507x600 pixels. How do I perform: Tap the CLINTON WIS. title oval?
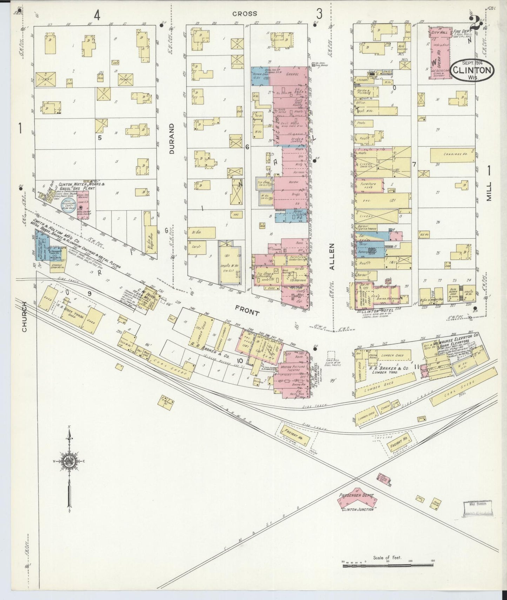point(472,70)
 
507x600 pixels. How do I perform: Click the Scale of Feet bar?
point(388,566)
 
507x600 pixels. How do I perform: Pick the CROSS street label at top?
point(245,14)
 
